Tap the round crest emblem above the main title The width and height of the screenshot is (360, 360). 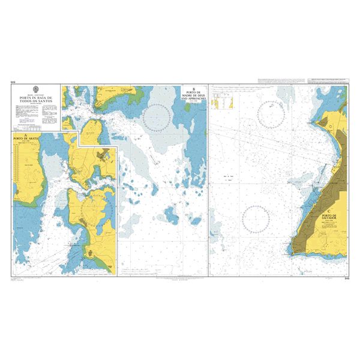[38, 92]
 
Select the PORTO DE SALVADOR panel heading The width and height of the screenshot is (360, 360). [332, 217]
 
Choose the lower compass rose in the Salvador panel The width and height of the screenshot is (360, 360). [256, 218]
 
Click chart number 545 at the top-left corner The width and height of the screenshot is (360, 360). [13, 82]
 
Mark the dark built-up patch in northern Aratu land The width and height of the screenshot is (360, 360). [104, 155]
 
